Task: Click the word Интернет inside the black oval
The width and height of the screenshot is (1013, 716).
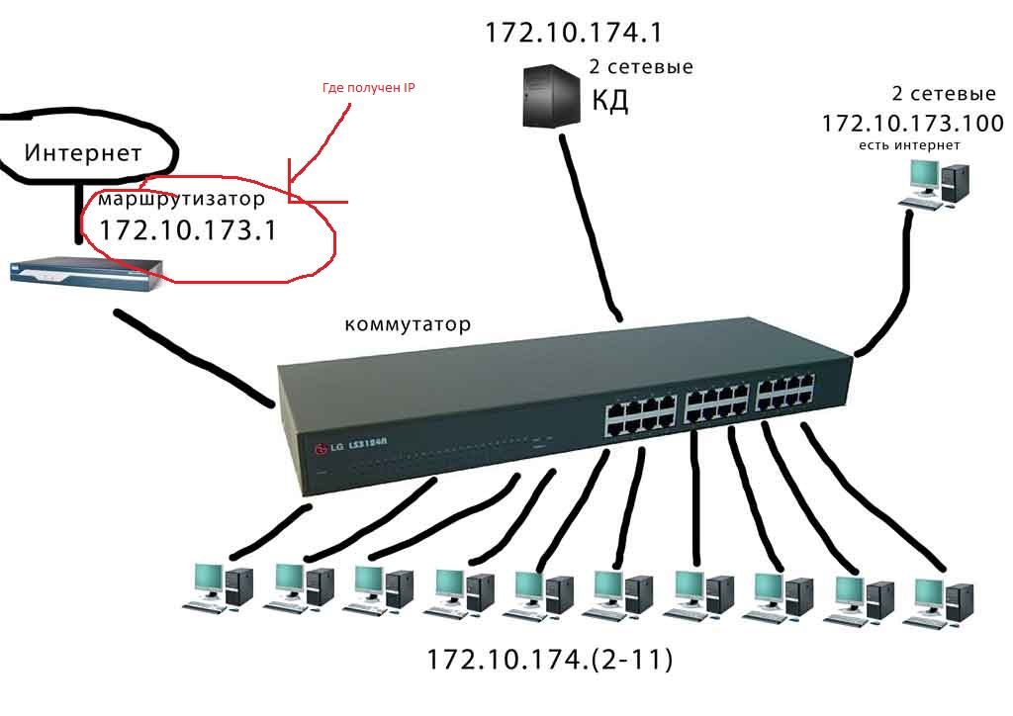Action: tap(83, 153)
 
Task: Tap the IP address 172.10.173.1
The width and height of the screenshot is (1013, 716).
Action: tap(187, 230)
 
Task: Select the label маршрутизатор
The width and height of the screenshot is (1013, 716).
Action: tap(181, 199)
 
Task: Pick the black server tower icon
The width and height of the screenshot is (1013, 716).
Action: tap(550, 96)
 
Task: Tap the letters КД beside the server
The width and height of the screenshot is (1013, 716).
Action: tap(609, 101)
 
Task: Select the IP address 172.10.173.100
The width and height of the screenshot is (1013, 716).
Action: tap(912, 124)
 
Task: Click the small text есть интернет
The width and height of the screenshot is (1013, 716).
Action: tap(910, 145)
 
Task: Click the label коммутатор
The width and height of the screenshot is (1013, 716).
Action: tap(408, 324)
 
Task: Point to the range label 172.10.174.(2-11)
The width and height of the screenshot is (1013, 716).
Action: tap(550, 660)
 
